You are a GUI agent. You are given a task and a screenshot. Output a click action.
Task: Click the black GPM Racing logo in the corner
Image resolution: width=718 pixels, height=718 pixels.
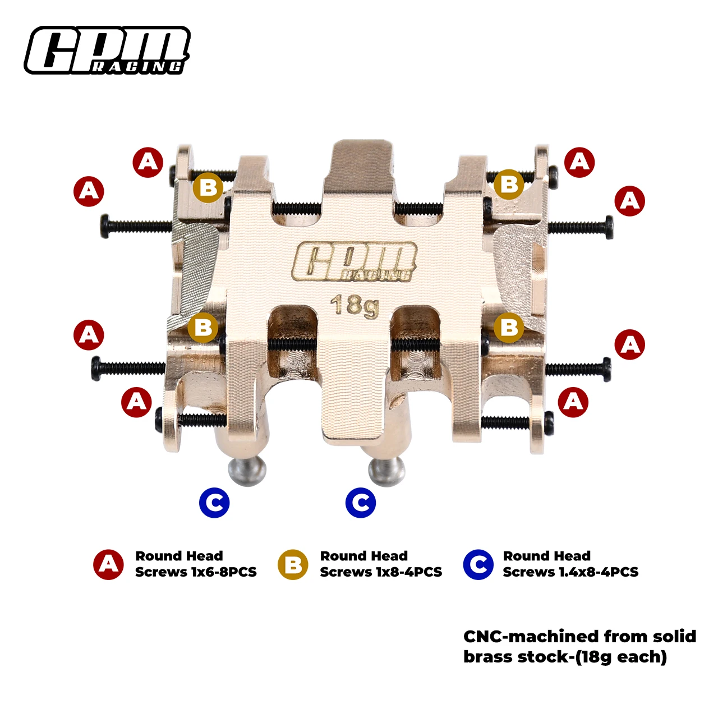coord(107,50)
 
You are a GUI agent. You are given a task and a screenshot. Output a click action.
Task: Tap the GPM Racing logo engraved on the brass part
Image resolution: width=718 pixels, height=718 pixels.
coord(355,261)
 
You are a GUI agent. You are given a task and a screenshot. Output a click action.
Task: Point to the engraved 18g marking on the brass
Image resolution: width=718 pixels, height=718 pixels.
coord(355,306)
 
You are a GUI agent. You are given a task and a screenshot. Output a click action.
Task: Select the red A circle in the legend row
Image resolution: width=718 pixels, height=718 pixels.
coord(109,564)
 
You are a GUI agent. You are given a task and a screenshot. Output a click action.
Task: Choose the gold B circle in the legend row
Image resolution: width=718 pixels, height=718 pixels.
coord(293,564)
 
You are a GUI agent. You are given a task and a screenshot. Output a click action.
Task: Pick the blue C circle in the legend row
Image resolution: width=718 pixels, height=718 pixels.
coord(478,564)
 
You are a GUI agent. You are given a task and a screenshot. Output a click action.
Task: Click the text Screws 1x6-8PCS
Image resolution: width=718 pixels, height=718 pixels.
coord(196,572)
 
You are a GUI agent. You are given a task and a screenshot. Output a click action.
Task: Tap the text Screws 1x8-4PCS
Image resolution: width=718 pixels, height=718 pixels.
coord(381,572)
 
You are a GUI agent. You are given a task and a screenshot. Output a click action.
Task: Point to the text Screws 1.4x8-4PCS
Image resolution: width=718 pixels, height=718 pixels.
coord(570,572)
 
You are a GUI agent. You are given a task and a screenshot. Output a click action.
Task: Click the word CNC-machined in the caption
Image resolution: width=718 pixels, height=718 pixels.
coord(530,637)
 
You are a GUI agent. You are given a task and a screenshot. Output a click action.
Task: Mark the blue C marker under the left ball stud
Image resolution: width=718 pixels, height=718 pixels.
coord(214,503)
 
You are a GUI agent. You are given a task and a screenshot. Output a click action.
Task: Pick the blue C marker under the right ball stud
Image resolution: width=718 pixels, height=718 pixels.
coord(361,503)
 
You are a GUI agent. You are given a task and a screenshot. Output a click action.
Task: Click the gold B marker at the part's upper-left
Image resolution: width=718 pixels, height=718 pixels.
coord(208,187)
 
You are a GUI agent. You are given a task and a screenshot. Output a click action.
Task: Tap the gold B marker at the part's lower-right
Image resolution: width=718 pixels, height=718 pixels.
coord(509,326)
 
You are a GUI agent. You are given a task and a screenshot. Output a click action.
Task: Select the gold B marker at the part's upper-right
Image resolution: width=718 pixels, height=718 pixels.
coord(509,184)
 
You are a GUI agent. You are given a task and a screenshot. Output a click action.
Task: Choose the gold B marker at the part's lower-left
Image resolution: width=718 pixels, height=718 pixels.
coord(203,326)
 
